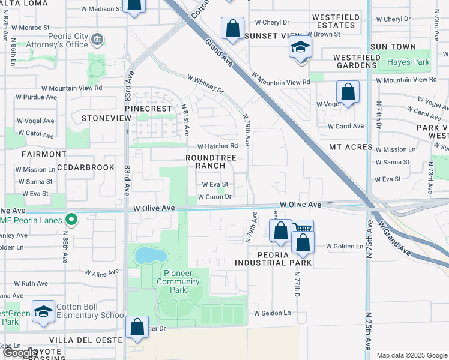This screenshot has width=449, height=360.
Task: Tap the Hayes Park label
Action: click(x=408, y=62)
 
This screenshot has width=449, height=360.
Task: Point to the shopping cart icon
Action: click(x=302, y=229)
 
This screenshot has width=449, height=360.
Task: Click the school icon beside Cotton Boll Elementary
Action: click(x=43, y=311)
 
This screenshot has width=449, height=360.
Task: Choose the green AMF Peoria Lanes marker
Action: click(x=71, y=220)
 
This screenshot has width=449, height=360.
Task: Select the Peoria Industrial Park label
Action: click(x=273, y=259)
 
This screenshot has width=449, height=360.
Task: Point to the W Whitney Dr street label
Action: click(x=205, y=85)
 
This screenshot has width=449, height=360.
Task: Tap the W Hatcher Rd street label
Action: click(x=218, y=146)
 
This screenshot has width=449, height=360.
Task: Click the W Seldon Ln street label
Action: click(x=272, y=313)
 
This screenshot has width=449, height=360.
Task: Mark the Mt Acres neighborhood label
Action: click(x=351, y=147)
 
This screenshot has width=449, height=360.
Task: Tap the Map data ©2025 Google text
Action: click(x=411, y=355)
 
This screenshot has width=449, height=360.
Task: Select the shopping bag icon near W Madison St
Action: click(x=134, y=5)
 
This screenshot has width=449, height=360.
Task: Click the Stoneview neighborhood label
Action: click(x=106, y=118)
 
